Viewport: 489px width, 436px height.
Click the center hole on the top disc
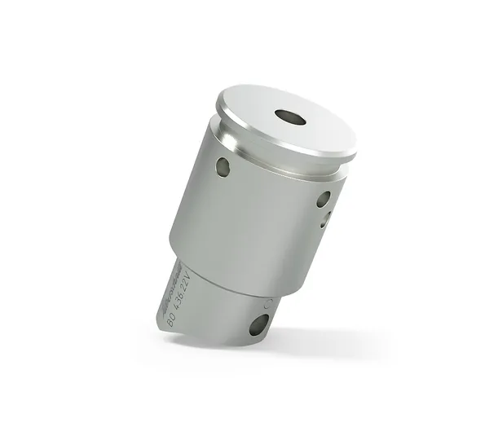coord(290,117)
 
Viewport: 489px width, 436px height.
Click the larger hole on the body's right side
coord(324,198)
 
